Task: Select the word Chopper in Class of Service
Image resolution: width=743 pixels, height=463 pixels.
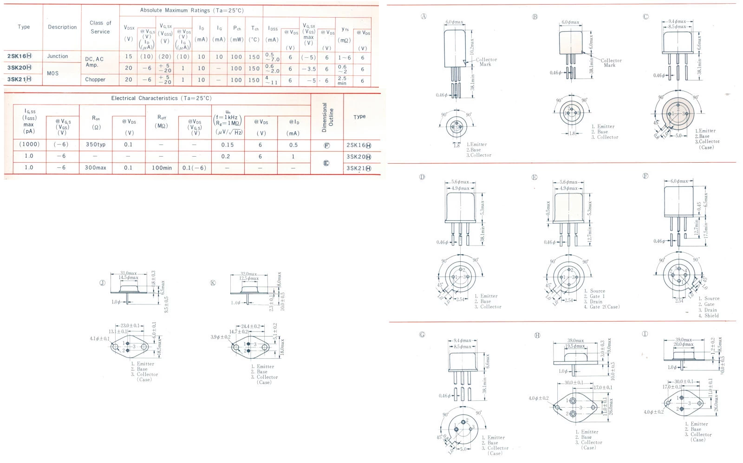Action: click(95, 79)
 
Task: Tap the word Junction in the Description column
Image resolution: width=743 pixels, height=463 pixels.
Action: click(58, 56)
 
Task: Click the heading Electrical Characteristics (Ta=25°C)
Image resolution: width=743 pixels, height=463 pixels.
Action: click(161, 98)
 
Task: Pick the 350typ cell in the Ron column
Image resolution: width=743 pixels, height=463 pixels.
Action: click(95, 145)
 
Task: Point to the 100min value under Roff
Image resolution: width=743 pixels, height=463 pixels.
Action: click(161, 168)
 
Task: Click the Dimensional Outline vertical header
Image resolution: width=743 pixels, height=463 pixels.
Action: click(327, 117)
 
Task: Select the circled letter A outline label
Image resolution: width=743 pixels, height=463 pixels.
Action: click(424, 16)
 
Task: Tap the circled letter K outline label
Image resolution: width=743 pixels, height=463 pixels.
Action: click(213, 283)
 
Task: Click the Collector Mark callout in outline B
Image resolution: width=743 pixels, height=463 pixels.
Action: click(611, 63)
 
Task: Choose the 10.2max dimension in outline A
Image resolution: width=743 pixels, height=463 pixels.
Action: click(472, 46)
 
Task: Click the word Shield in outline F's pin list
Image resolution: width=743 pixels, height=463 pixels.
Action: click(711, 316)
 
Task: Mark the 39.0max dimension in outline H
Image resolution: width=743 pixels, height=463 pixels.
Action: click(575, 341)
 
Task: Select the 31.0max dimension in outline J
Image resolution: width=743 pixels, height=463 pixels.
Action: click(129, 273)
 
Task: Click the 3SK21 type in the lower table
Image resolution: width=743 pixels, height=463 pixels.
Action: click(358, 168)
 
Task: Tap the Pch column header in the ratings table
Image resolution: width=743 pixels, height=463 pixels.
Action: click(237, 28)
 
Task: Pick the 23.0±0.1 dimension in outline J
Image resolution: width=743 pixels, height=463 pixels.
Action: click(130, 325)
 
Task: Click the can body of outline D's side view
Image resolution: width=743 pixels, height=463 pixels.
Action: click(460, 206)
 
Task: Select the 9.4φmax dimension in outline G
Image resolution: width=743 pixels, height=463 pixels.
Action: click(462, 341)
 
